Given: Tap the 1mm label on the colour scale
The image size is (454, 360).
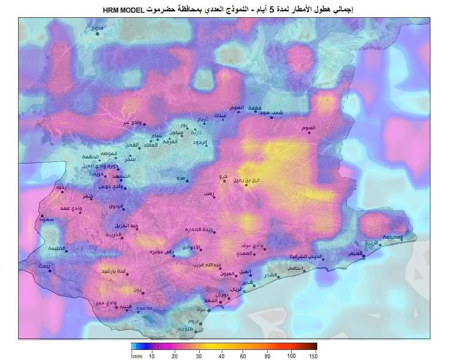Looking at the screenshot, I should point(136,356).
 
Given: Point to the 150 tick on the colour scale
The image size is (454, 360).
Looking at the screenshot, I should point(313,356).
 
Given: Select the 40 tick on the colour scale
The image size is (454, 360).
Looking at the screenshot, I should point(221,356).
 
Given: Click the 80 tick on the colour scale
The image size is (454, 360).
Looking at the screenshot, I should point(268,356).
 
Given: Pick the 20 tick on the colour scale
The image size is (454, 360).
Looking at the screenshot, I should point(175,356).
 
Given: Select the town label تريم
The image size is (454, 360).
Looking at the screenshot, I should point(203,119).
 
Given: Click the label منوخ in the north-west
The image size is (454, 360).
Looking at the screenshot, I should point(97,28).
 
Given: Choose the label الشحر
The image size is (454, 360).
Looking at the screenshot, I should point(270,275).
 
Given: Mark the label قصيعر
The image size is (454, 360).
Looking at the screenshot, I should point(355,254).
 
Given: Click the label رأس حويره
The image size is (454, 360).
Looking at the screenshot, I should point(162,252).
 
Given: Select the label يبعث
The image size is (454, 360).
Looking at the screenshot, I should point(44,266).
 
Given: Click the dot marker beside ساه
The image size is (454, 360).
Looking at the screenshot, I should point(187,181).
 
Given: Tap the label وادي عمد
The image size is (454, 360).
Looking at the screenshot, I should point(71,208).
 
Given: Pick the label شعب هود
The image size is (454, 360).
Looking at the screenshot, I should point(272,113).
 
